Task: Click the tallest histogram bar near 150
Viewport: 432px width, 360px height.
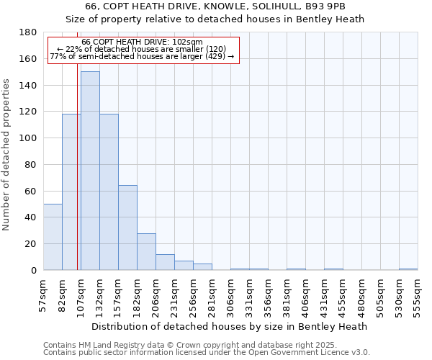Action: (x=90, y=171)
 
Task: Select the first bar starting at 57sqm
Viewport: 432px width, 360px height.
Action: (x=53, y=237)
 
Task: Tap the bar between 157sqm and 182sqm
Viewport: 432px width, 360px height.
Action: (x=127, y=228)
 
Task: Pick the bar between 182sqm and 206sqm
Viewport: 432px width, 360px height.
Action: (x=146, y=251)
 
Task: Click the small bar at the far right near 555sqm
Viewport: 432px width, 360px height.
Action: (x=408, y=269)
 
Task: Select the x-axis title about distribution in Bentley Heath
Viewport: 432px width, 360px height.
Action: (x=229, y=326)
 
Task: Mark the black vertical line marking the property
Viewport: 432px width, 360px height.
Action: (x=77, y=180)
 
